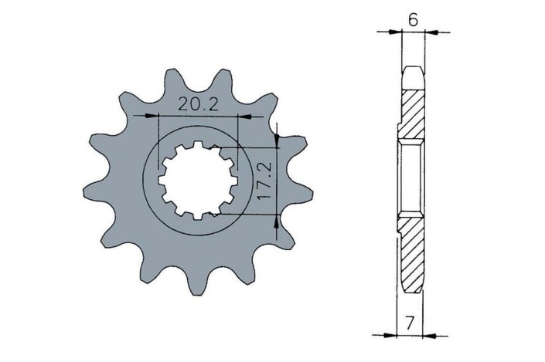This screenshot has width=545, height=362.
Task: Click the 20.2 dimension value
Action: [x=196, y=105]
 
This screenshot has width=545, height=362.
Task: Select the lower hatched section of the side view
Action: [x=413, y=255]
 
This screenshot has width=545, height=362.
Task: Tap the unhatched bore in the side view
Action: [x=411, y=182]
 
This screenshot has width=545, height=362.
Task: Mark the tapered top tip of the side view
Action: [x=414, y=74]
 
